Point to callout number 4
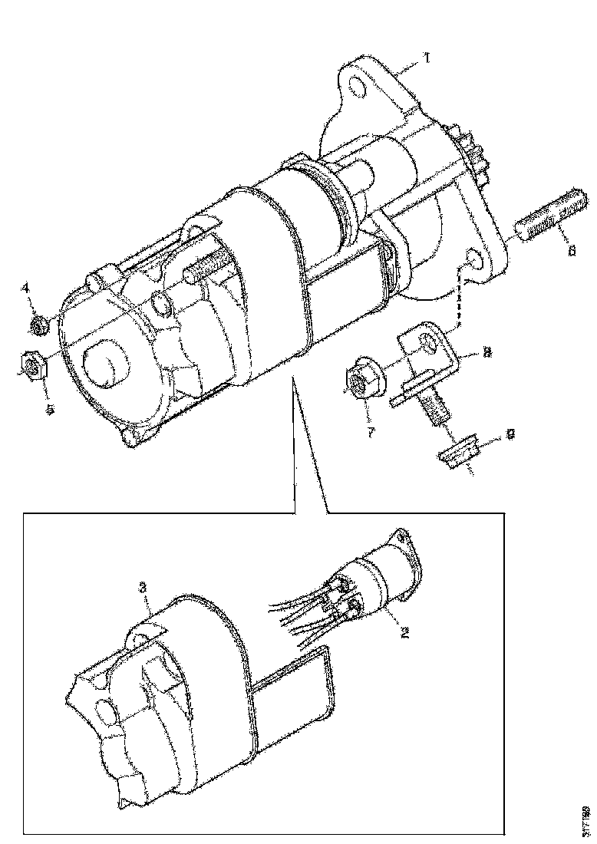click(x=25, y=288)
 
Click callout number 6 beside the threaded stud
click(x=569, y=249)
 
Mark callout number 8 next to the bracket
click(x=487, y=354)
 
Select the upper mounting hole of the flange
click(x=356, y=87)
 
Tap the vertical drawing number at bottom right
click(x=586, y=818)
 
